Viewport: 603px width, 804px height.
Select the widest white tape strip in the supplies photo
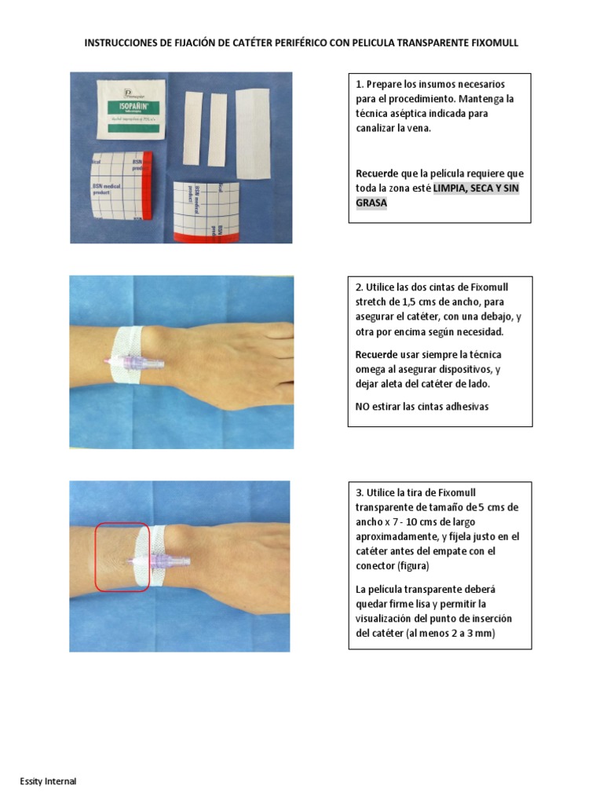(251, 127)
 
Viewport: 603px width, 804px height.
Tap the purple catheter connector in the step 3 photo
(165, 561)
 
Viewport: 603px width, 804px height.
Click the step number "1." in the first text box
(360, 84)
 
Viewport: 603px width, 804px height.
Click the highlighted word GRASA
(371, 203)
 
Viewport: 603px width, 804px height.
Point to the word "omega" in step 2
(372, 370)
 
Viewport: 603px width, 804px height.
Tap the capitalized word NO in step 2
(364, 406)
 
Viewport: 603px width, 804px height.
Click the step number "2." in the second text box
(360, 287)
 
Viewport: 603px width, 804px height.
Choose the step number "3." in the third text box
(360, 492)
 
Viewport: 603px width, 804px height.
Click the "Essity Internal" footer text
(49, 781)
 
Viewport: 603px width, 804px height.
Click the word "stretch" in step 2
(372, 302)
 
